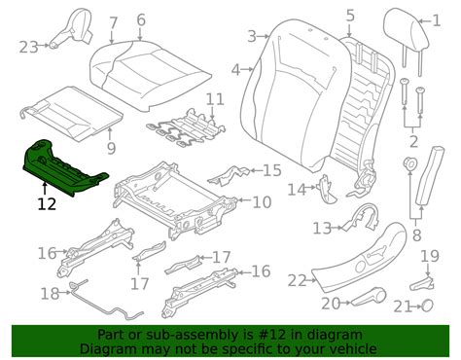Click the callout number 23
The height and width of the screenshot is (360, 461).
[27, 46]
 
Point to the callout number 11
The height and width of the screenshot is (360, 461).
[215, 98]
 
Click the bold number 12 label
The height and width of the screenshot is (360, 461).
[47, 204]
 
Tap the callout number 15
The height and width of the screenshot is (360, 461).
[272, 171]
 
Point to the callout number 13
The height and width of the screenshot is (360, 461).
[322, 229]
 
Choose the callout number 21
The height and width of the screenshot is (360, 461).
[399, 306]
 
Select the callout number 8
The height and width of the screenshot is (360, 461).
[417, 234]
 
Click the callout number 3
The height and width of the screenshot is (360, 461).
[251, 36]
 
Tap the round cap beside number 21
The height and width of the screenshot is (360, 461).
[426, 306]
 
